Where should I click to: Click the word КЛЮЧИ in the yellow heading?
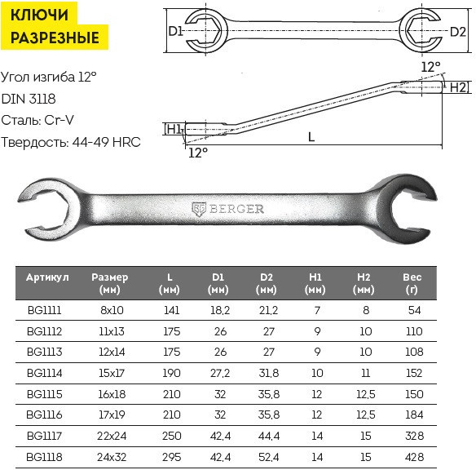click(x=39, y=15)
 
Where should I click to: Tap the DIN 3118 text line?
click(x=29, y=99)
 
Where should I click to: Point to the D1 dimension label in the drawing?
click(x=175, y=31)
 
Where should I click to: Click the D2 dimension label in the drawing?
click(x=457, y=31)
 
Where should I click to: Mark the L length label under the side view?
click(x=311, y=137)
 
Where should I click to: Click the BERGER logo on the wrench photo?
click(x=228, y=209)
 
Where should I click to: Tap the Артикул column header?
click(x=47, y=277)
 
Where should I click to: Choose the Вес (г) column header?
click(x=412, y=283)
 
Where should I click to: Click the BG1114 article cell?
click(x=45, y=373)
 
